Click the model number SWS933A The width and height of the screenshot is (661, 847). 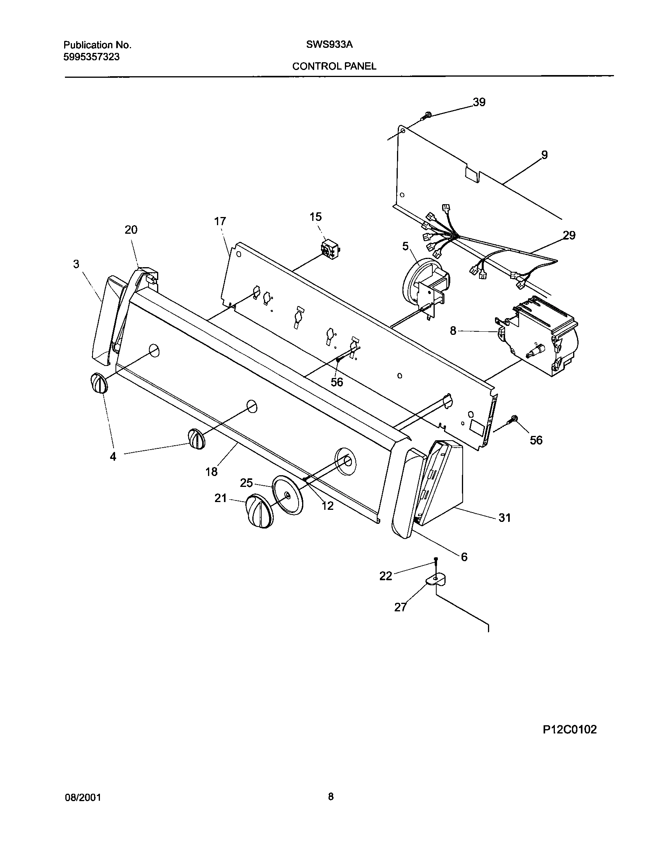(x=329, y=45)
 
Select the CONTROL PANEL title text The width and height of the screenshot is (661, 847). (x=334, y=66)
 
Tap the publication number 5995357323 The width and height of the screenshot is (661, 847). (x=91, y=57)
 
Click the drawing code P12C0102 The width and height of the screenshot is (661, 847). (x=570, y=729)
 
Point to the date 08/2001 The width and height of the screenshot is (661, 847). (x=82, y=798)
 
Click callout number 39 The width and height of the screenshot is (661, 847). (x=479, y=102)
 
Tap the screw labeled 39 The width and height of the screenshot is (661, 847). (x=427, y=115)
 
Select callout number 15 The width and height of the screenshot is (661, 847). (x=316, y=217)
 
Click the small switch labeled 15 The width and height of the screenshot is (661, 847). (x=330, y=248)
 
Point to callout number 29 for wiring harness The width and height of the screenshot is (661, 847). (x=569, y=235)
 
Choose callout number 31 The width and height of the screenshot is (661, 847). (x=504, y=517)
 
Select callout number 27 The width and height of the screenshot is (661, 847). (x=400, y=607)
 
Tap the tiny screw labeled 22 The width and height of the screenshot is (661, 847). (x=436, y=560)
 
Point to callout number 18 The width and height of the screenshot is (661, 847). (x=211, y=472)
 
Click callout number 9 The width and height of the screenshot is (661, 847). (x=544, y=155)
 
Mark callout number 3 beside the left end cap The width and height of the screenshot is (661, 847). (x=76, y=264)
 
